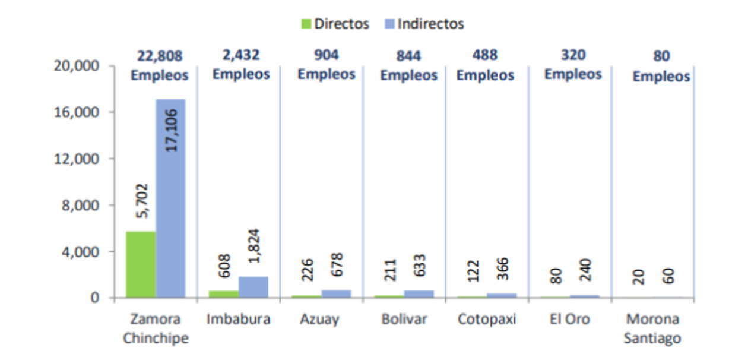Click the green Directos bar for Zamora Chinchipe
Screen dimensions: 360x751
pyautogui.click(x=141, y=264)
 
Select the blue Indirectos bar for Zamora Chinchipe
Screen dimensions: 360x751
pyautogui.click(x=170, y=198)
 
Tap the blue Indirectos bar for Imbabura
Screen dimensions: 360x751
pyautogui.click(x=253, y=287)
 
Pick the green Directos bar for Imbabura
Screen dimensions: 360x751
pyautogui.click(x=224, y=294)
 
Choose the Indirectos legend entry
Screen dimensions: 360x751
pyautogui.click(x=424, y=24)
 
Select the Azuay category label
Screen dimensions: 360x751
pyautogui.click(x=319, y=319)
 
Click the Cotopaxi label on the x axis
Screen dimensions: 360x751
pyautogui.click(x=487, y=319)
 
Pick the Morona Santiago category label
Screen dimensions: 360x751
pyautogui.click(x=652, y=329)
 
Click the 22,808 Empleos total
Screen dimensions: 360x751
pyautogui.click(x=160, y=65)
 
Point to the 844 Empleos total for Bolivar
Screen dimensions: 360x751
pyautogui.click(x=408, y=65)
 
